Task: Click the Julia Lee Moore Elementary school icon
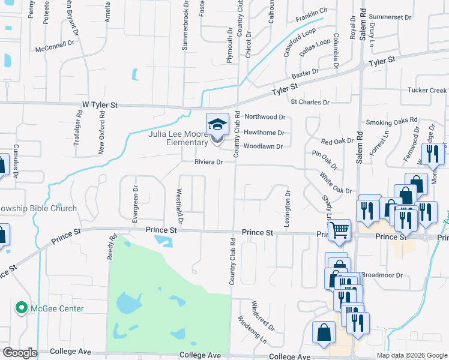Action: tap(217, 125)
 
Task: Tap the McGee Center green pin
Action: tap(22, 308)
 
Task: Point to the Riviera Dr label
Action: tap(208, 162)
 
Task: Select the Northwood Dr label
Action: tap(264, 117)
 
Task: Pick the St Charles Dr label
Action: tap(310, 103)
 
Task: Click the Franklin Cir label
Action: tap(312, 11)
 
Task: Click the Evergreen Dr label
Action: tap(135, 207)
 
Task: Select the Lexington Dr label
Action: tap(288, 205)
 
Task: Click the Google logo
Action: tap(19, 353)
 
